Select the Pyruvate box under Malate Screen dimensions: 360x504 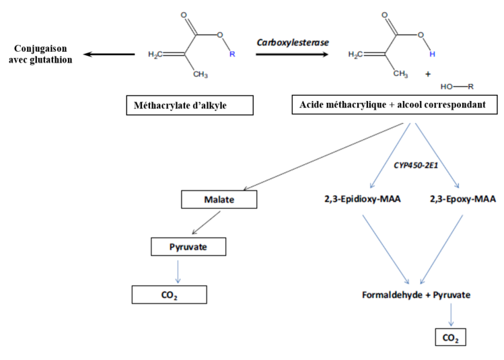pos(188,247)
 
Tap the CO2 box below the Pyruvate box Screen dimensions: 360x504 pos(168,295)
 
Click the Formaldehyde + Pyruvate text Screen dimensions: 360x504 pos(417,295)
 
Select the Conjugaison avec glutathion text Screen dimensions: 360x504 pos(41,53)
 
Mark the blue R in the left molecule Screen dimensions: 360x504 pos(232,55)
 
